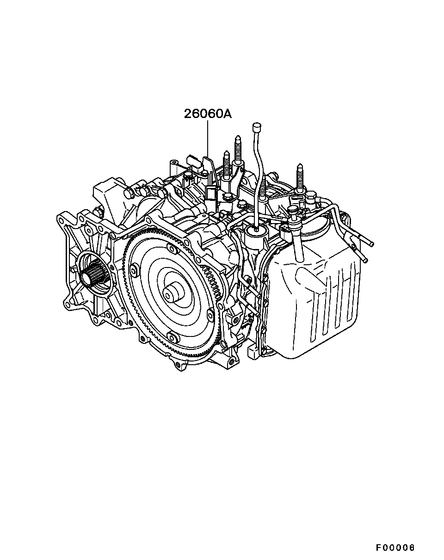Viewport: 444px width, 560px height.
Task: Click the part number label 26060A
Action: click(208, 114)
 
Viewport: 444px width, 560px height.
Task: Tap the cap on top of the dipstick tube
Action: click(257, 126)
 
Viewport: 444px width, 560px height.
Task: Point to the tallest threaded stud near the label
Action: click(238, 149)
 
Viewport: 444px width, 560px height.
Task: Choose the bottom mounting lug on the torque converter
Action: click(173, 337)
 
